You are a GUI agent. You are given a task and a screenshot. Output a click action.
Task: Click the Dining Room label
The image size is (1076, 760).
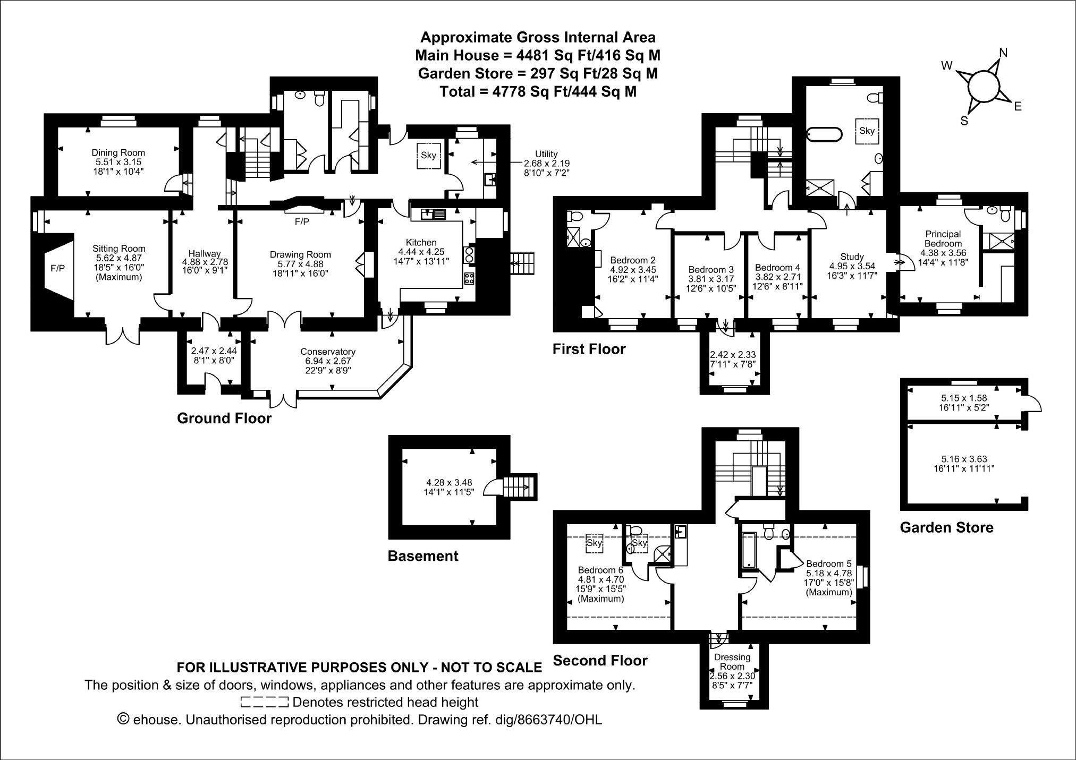[x=118, y=153]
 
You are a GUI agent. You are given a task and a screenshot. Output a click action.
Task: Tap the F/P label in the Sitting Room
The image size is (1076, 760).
[x=58, y=268]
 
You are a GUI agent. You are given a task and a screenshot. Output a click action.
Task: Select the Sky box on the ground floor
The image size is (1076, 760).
[x=428, y=155]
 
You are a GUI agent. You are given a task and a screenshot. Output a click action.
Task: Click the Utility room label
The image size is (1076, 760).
[x=546, y=155]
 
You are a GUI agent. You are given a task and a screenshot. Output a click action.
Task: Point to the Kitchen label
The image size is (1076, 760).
[x=421, y=243]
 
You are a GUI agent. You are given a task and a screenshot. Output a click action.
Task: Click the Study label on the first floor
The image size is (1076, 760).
[x=852, y=257]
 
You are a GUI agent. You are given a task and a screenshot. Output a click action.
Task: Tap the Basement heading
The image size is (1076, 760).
[x=423, y=556]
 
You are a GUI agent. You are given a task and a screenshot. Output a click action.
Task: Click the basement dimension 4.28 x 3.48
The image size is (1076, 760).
[x=449, y=483]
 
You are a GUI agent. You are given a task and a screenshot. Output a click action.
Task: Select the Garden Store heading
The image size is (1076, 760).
[x=946, y=527]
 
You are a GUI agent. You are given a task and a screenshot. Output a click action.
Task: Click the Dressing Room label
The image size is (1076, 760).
[x=732, y=662]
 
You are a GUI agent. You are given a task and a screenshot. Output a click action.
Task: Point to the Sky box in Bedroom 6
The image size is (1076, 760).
[x=594, y=543]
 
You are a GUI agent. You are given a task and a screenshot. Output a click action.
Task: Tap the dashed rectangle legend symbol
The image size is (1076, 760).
[x=264, y=702]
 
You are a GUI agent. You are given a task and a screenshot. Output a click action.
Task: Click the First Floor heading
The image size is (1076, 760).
[x=589, y=349]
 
